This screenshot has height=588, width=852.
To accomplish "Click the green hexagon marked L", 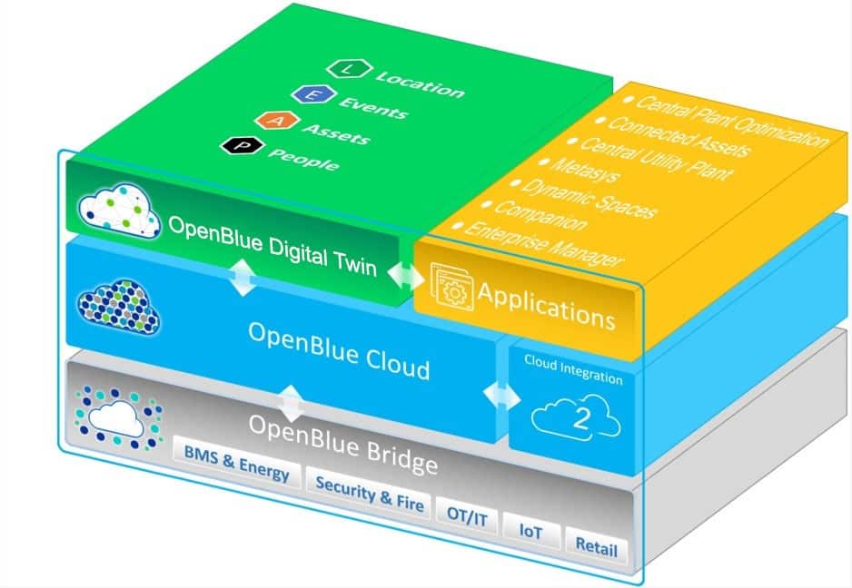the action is coord(350,68).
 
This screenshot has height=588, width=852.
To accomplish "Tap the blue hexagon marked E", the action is coord(313,94).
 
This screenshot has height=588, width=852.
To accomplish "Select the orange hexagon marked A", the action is coord(277,121).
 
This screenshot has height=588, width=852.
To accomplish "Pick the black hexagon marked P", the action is coord(243,145).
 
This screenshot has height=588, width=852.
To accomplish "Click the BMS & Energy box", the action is coord(237,465).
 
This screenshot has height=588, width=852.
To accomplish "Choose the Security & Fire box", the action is coord(369,494).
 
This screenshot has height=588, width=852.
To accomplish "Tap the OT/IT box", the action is coord(467,516).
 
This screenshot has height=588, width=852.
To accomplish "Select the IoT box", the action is coord(531,531).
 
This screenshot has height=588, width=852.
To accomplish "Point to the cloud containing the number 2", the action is coord(576,418).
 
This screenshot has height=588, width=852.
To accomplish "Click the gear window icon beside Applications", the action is coord(451,287).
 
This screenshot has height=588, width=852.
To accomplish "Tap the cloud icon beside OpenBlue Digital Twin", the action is coord(120,211).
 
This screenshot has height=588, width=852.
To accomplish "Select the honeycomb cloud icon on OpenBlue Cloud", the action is coord(119,307).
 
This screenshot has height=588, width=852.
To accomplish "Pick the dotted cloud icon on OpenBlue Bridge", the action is coord(118,418).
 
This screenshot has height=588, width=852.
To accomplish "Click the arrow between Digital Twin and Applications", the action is coord(406,275).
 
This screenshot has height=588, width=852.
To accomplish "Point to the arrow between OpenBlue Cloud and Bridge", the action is coord(292,404).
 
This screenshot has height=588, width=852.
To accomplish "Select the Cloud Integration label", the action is coord(573,369).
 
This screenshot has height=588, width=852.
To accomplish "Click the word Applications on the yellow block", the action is coord(547,306).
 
